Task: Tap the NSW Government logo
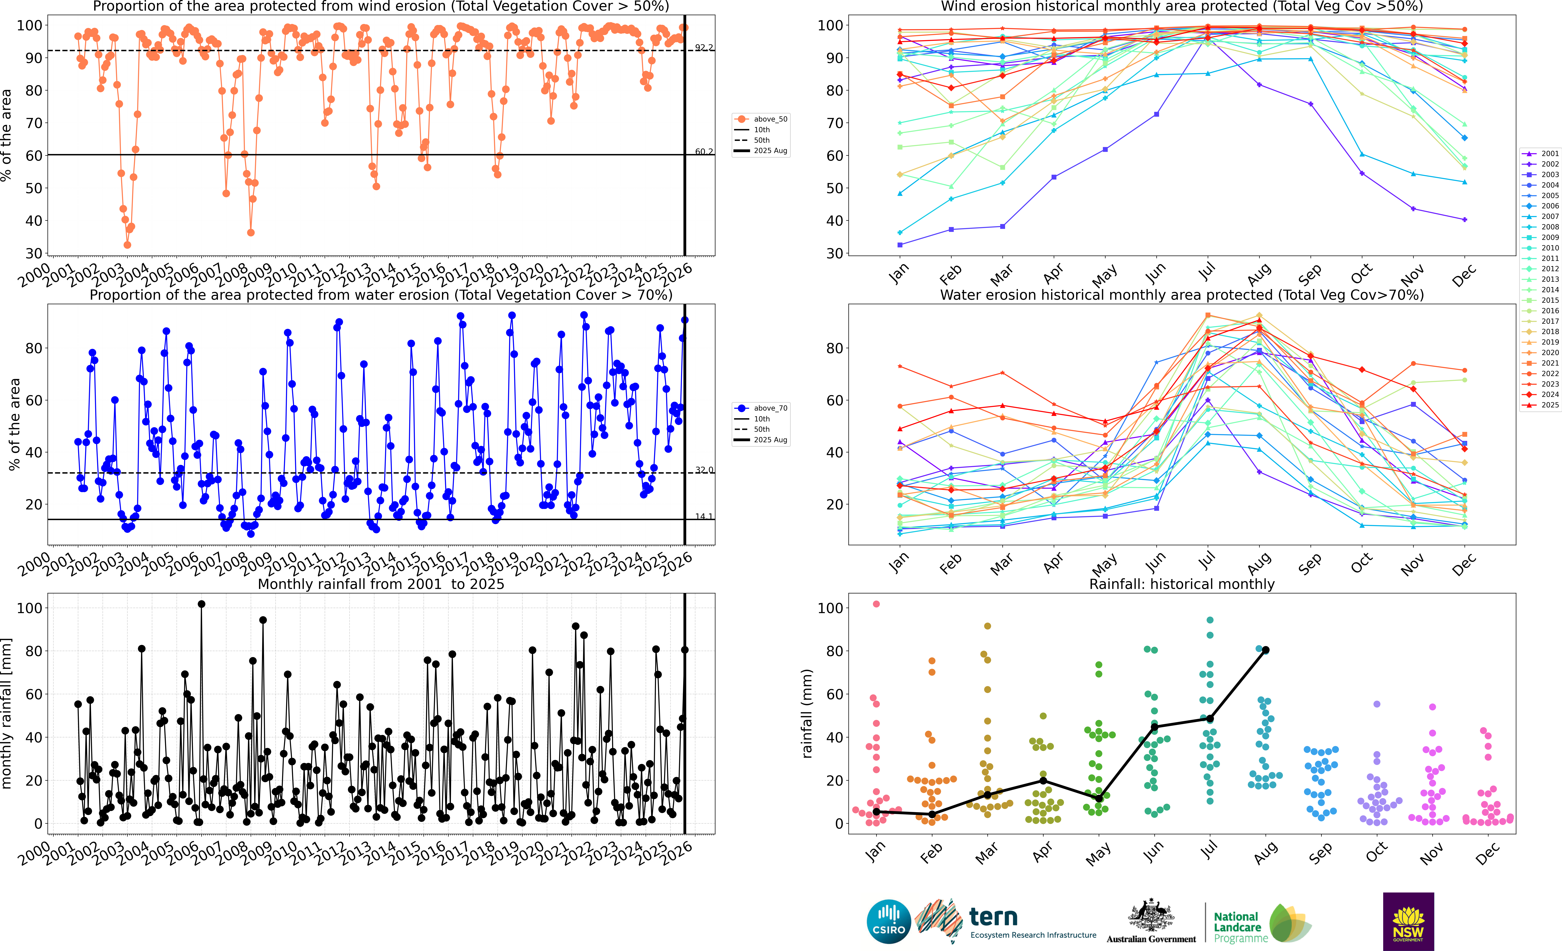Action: tap(1408, 921)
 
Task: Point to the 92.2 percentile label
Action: tap(704, 48)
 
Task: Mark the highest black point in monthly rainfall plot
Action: tap(202, 604)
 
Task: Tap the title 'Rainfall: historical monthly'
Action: tap(1182, 584)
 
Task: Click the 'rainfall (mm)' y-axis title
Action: tap(807, 713)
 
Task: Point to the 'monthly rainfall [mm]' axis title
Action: tap(7, 713)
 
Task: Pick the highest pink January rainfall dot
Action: tap(876, 604)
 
